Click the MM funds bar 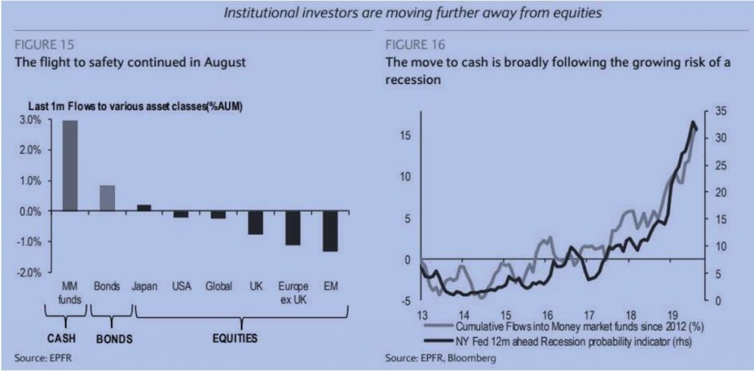(x=70, y=166)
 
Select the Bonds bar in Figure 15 (x=107, y=198)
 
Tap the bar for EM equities (x=331, y=231)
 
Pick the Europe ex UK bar (x=293, y=228)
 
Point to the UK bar (x=255, y=223)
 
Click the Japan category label (x=144, y=286)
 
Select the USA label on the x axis (x=181, y=286)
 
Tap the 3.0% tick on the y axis (x=32, y=120)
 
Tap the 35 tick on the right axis (x=721, y=111)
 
